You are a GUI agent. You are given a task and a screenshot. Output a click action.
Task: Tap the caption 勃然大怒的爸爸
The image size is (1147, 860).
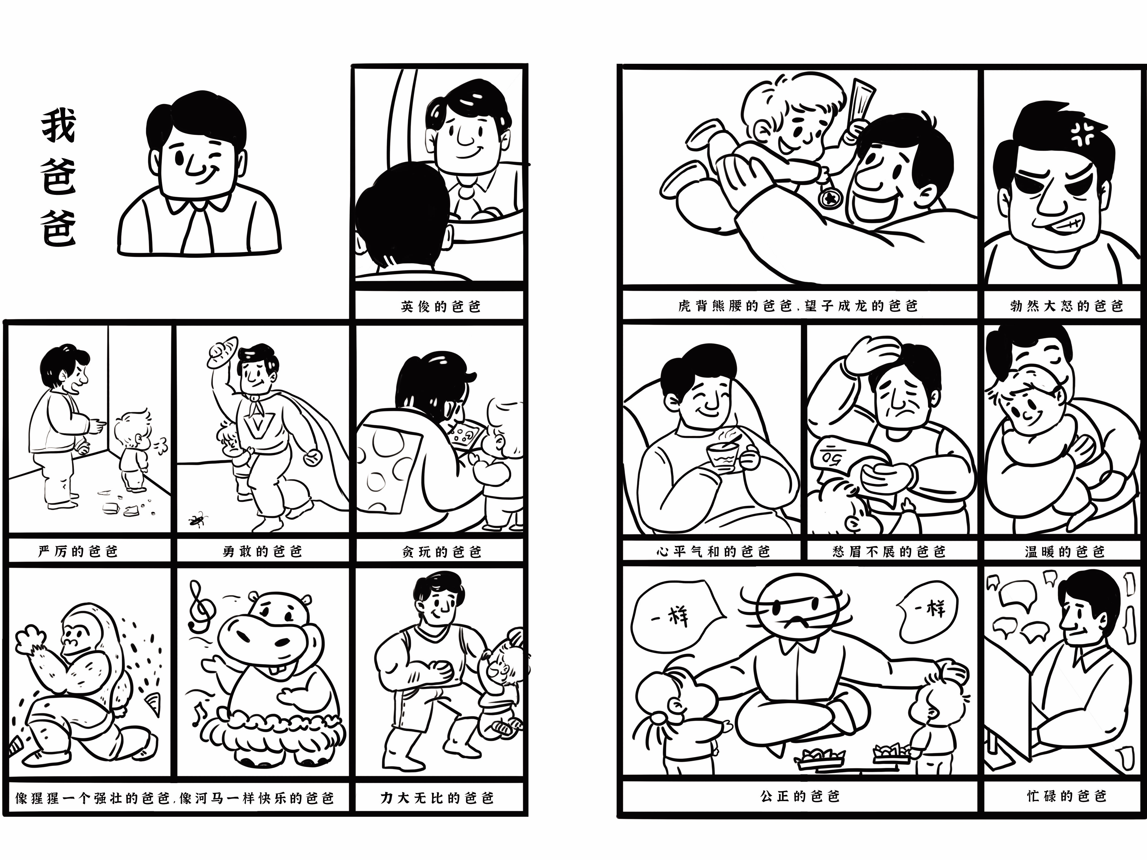1066,306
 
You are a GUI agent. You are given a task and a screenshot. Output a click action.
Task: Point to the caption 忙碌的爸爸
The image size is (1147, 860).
1066,796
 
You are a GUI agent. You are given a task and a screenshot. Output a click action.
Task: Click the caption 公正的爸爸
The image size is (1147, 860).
800,796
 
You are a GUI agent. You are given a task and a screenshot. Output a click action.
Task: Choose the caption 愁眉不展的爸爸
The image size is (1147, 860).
889,551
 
